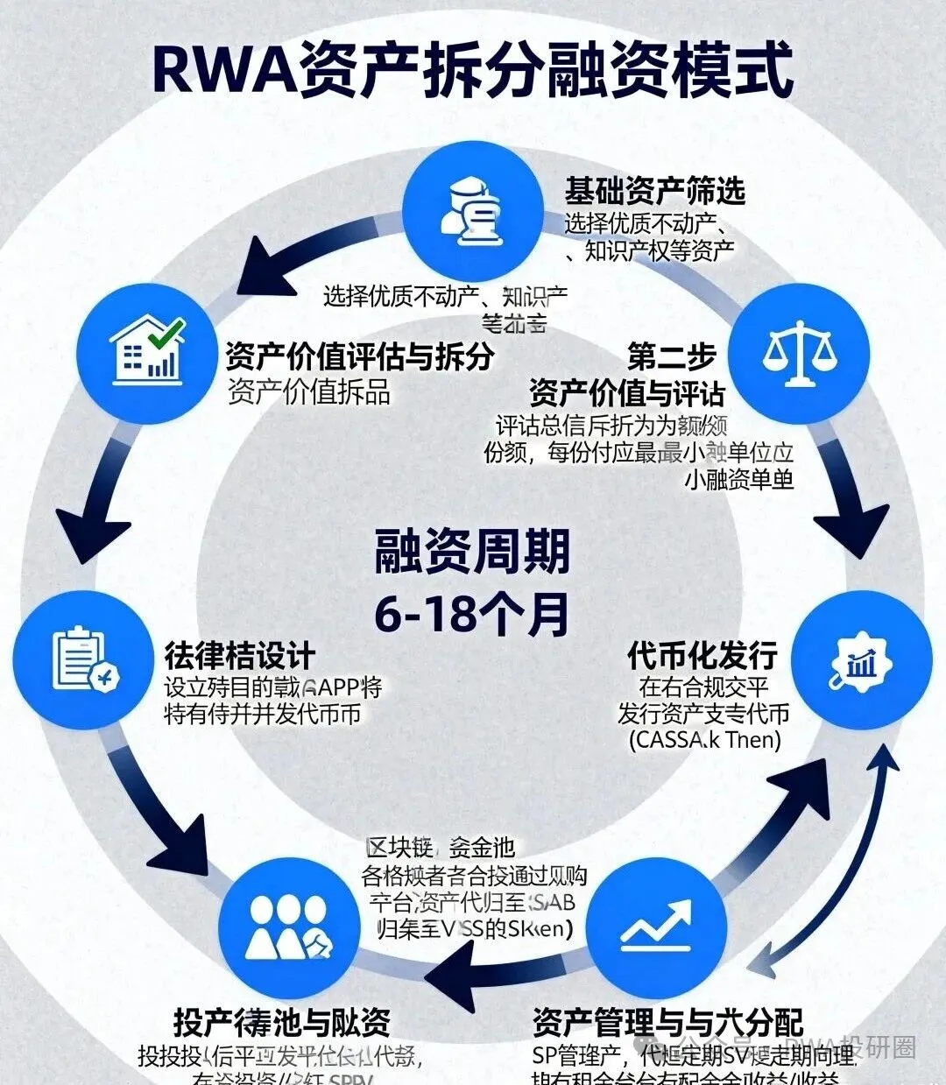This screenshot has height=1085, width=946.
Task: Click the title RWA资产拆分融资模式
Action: click(473, 68)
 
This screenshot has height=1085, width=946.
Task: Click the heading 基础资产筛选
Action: click(654, 190)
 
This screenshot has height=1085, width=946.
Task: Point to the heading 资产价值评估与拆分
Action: click(359, 356)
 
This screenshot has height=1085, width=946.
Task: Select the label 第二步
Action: click(671, 356)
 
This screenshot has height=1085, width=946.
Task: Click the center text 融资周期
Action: click(473, 552)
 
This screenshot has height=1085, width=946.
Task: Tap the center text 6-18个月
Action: click(473, 613)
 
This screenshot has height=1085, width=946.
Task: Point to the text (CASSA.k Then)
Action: click(704, 739)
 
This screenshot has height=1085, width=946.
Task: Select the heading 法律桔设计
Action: click(239, 655)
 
